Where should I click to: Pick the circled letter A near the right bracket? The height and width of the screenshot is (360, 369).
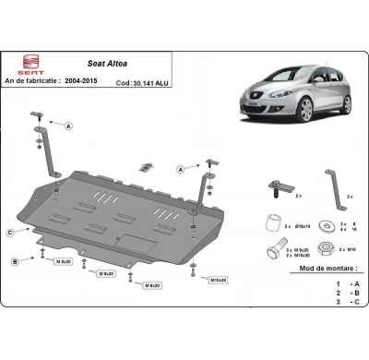[x=180, y=170]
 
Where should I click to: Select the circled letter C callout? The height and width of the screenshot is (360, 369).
[x=10, y=232]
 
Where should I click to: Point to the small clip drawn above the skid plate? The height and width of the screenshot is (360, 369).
[x=146, y=167]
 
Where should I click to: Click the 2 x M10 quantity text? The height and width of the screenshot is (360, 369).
[x=347, y=249]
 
